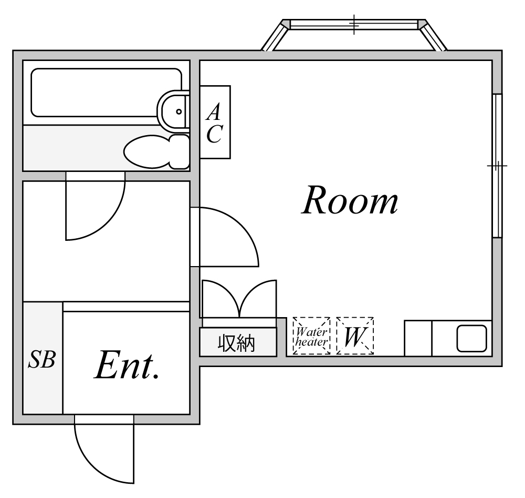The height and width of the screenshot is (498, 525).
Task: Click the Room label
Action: point(350,201)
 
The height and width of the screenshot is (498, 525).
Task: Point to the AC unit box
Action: point(215,122)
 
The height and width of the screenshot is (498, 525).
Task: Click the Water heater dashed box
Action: point(311,336)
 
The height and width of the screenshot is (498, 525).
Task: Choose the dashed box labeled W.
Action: point(355,336)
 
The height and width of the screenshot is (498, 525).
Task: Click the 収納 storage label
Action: point(237,343)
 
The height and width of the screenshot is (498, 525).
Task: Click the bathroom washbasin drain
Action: point(178,111)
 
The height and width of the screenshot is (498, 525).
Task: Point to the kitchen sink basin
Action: point(471,338)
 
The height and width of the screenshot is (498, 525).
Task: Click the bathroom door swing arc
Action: point(105,221)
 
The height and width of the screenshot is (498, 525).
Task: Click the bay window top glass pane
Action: point(354,24)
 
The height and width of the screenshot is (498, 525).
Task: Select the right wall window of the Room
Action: point(497,166)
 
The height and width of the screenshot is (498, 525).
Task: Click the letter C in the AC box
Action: point(214,135)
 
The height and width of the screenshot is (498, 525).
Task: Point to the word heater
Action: point(311,342)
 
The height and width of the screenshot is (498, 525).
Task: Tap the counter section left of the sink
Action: point(418,338)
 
